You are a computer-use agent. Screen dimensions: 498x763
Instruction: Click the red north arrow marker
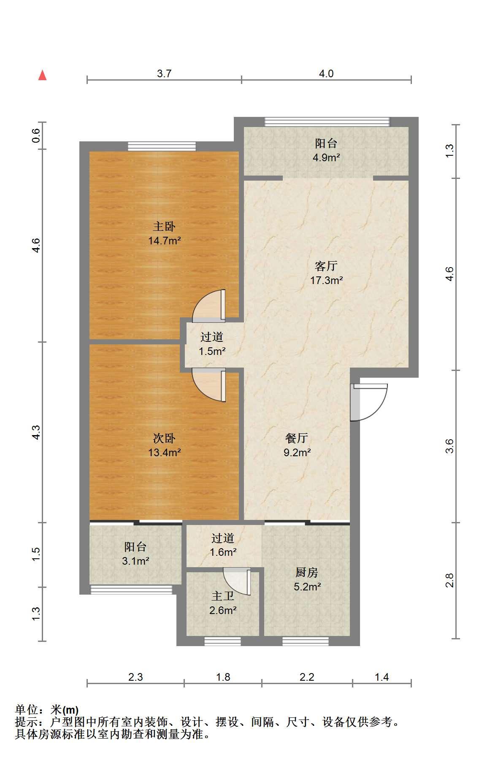42,75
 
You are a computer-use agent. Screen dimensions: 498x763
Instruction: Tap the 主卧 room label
164,227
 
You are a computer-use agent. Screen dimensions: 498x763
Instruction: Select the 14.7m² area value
164,241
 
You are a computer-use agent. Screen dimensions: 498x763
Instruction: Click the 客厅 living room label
326,266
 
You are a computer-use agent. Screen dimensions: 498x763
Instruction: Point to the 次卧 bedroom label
164,438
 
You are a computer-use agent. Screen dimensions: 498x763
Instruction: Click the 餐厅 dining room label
297,438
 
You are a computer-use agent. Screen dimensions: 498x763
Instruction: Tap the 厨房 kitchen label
307,572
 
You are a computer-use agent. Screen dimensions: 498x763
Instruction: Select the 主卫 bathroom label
223,596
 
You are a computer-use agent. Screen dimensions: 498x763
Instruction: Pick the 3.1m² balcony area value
135,561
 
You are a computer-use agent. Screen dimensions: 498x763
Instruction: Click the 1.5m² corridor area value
212,351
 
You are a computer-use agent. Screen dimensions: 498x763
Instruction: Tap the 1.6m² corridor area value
223,552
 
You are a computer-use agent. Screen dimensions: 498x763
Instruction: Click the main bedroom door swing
209,304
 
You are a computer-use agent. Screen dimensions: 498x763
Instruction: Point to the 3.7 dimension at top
164,73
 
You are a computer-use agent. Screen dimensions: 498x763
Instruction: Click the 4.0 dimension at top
326,73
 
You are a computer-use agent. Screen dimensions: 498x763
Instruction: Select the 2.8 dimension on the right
450,580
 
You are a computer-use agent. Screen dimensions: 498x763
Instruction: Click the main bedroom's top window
162,146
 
